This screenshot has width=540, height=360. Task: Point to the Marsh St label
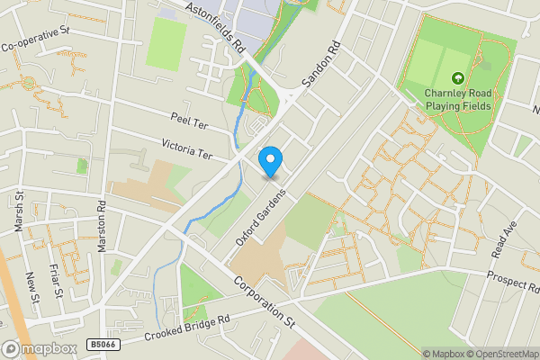tap(19, 211)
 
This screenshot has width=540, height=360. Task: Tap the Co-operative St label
tap(36, 39)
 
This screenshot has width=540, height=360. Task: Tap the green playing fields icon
tap(459, 79)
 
